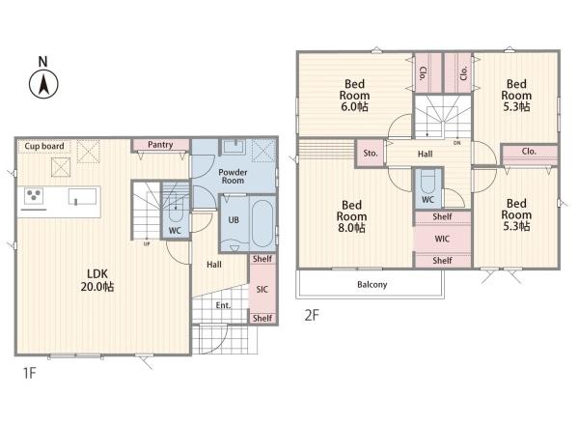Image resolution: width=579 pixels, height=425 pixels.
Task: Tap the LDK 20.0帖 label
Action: [x=97, y=280]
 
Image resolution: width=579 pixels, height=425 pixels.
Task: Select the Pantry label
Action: [x=160, y=145]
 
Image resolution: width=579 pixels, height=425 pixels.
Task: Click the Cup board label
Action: [x=44, y=146]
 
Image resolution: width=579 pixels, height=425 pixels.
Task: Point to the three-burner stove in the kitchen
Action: [x=34, y=195]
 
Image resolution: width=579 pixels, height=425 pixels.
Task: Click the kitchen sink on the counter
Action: [x=83, y=196]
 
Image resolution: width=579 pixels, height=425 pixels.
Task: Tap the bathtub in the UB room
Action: [x=262, y=224]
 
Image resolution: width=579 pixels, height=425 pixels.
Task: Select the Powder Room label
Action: [x=233, y=177]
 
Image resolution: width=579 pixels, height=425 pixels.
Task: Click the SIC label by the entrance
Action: [x=262, y=289]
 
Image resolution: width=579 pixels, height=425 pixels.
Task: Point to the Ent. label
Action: [x=224, y=305]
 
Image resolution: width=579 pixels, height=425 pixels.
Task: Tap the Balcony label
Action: [x=372, y=285]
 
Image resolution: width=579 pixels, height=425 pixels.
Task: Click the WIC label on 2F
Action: [x=442, y=239]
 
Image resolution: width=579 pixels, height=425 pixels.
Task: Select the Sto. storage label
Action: [x=371, y=153]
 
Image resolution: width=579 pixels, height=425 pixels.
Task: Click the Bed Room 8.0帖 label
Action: [x=351, y=216]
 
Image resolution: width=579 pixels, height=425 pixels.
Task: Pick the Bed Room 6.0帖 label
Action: [x=354, y=96]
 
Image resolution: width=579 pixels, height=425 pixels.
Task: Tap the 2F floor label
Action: [x=312, y=315]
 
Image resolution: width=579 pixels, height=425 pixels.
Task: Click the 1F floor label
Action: [x=30, y=373]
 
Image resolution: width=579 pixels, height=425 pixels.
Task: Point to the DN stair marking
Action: [x=457, y=143]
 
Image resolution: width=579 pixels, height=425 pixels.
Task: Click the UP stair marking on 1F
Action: [x=147, y=244]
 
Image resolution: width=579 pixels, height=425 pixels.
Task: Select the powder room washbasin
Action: [x=234, y=147]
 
